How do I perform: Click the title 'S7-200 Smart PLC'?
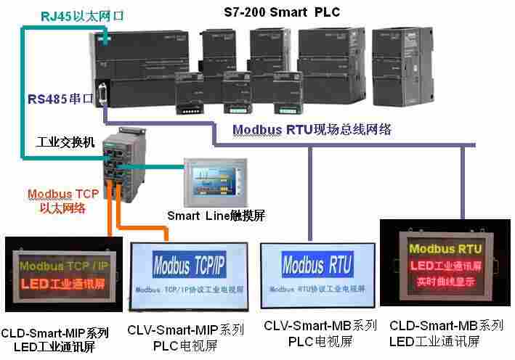(x=280, y=12)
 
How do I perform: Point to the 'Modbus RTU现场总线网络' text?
(x=312, y=130)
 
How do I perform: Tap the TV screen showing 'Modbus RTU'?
(x=317, y=275)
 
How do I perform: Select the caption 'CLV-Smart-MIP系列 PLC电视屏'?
(x=186, y=335)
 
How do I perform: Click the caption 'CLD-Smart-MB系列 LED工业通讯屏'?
(x=446, y=332)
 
